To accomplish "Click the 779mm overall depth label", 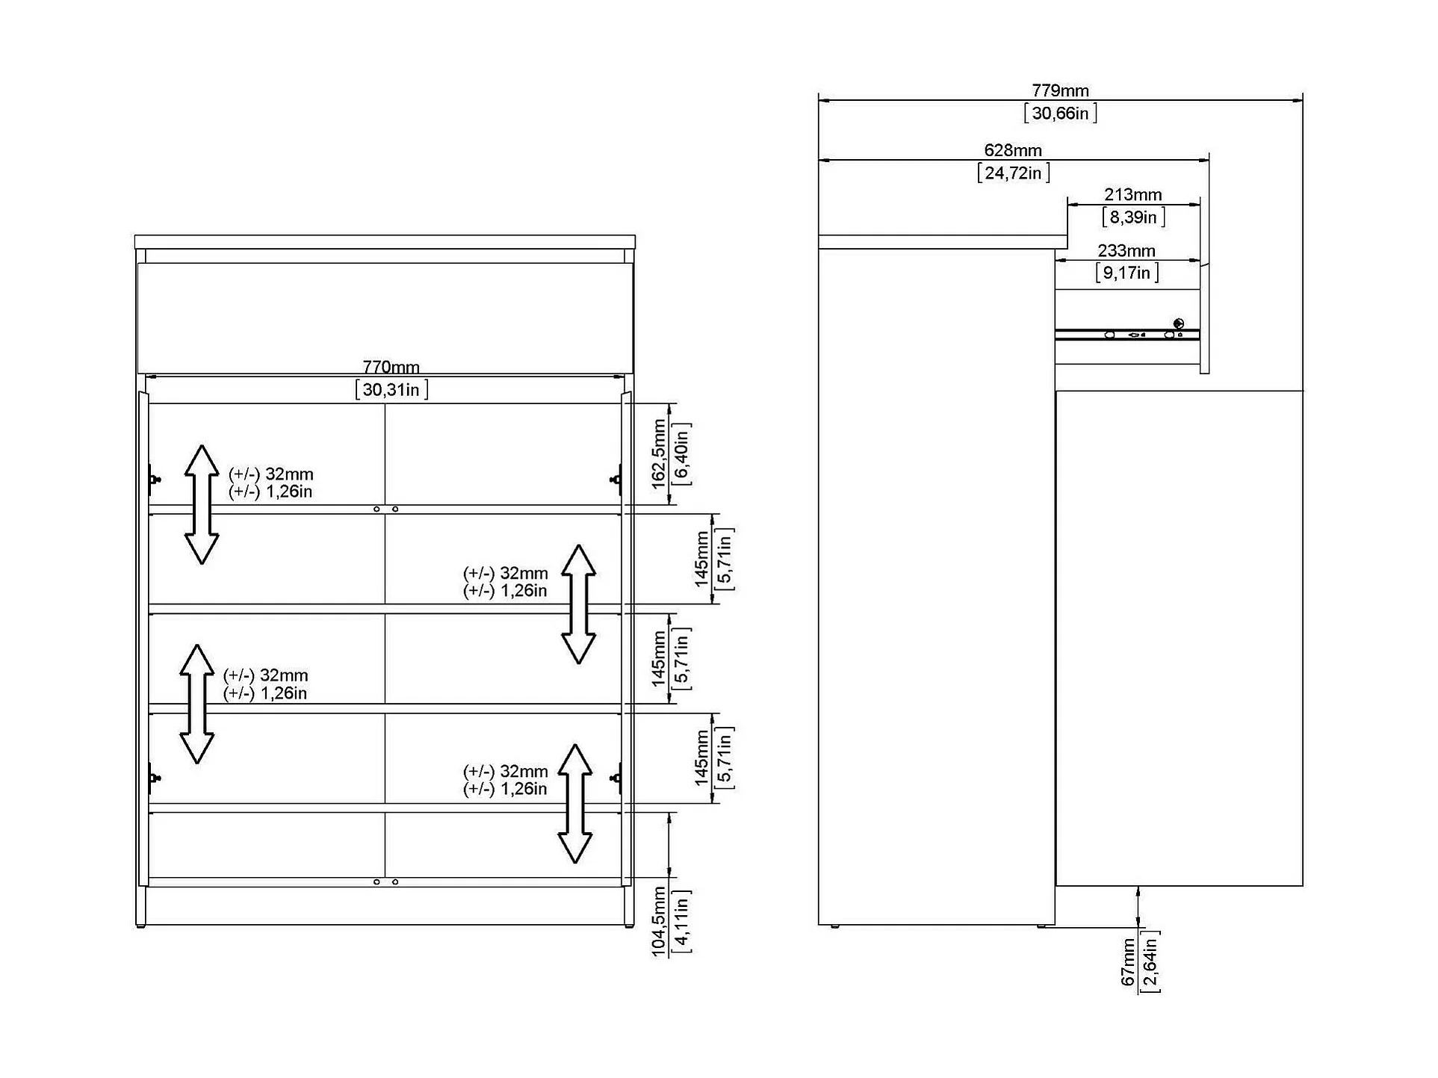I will coord(1059,90).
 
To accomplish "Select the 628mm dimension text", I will coord(1012,150).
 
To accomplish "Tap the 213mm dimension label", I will coord(1132,194).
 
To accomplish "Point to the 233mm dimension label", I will coord(1126,251).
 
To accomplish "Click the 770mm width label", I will coord(391,367).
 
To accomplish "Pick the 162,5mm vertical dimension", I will coord(658,453).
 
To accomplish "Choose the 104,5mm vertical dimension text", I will coord(658,920).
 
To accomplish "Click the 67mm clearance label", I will coord(1128,962).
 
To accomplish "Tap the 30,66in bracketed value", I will coord(1059,113).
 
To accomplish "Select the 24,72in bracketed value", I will coord(1013,173).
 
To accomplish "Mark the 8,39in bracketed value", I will coord(1133,217).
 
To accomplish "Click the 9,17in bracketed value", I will coord(1126,273).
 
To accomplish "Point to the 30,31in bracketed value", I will coord(391,389).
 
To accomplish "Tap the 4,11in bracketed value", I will coord(681,920).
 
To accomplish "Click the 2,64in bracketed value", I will coord(1150,962).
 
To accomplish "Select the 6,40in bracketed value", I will coord(681,453).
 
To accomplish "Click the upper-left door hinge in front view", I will coord(153,478).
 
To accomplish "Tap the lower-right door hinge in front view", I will coord(617,778).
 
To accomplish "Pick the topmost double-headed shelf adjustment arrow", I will coord(201,504).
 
